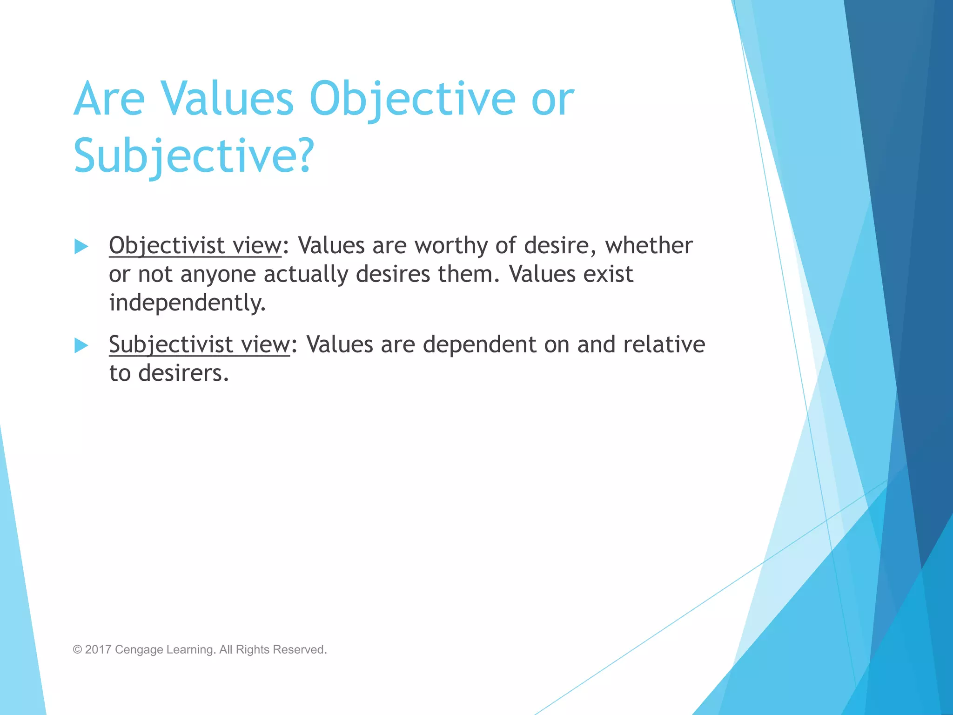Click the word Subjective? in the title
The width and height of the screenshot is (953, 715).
194,156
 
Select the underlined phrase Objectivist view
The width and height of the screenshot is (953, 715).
195,246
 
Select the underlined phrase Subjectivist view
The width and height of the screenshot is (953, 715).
199,345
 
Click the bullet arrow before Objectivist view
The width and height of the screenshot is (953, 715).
81,246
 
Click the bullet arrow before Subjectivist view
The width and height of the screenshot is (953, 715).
81,345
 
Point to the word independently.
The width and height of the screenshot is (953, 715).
188,303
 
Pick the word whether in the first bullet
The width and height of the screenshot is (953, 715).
649,246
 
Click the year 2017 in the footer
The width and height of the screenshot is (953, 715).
98,649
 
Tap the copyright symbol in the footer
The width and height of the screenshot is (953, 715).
77,650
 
